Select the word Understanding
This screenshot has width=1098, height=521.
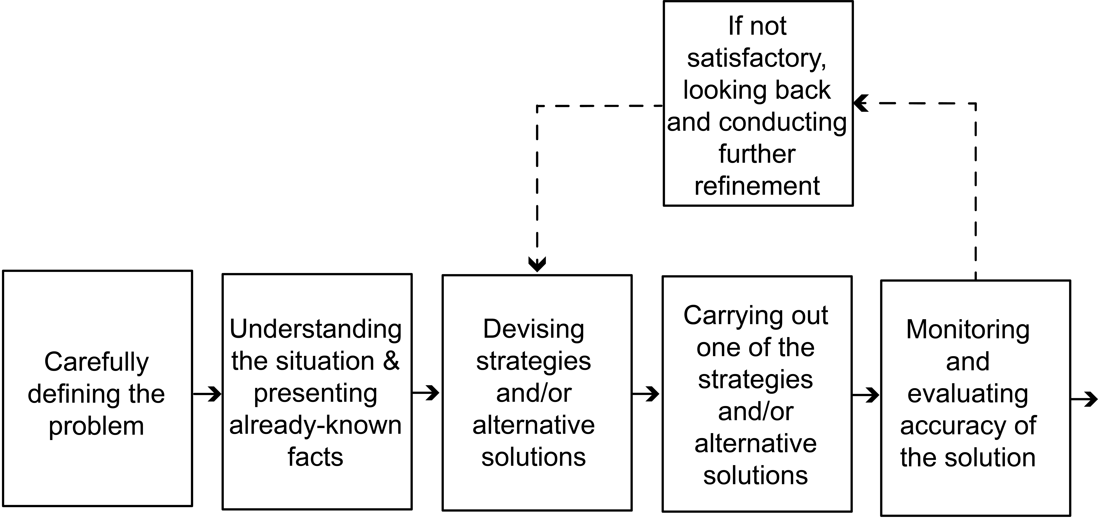(x=315, y=330)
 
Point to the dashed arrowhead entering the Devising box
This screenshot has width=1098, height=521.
(x=537, y=264)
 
